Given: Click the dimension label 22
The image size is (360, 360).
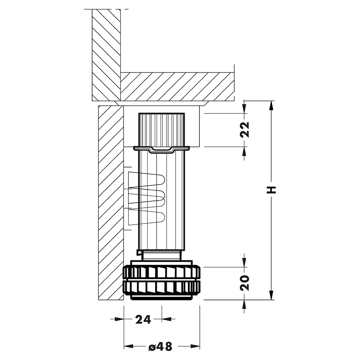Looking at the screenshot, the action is coord(244,130).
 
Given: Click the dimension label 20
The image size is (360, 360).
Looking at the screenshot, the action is coord(244,283).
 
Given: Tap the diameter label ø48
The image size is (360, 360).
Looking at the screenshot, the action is coord(160,346).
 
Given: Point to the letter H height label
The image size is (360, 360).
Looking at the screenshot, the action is coord(271,190).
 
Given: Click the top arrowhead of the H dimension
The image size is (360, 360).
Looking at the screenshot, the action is coord(271,105).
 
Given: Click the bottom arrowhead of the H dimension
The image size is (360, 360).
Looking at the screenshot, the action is coord(271,295).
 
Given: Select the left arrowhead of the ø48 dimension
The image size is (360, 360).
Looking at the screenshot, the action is coord(129,346).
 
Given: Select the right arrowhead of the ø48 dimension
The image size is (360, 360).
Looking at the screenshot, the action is coord(195,346).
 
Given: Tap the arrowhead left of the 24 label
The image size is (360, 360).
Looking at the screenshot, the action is coord(119,319).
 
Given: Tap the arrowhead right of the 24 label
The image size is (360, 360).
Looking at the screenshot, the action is coord(167,319).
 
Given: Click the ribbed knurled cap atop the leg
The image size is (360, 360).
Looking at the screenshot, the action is coord(162,130).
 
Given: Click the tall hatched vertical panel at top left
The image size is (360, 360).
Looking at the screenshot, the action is coord(106,55).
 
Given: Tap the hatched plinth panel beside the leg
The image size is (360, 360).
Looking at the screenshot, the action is coord(111,203).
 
